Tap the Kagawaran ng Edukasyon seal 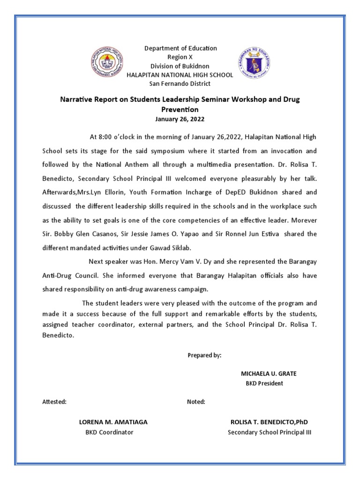point(255,64)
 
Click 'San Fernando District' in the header point(180,84)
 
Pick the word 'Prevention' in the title point(180,109)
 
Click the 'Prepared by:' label point(204,355)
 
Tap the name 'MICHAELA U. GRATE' point(269,374)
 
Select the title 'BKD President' point(264,383)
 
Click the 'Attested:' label point(54,402)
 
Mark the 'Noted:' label point(196,402)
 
